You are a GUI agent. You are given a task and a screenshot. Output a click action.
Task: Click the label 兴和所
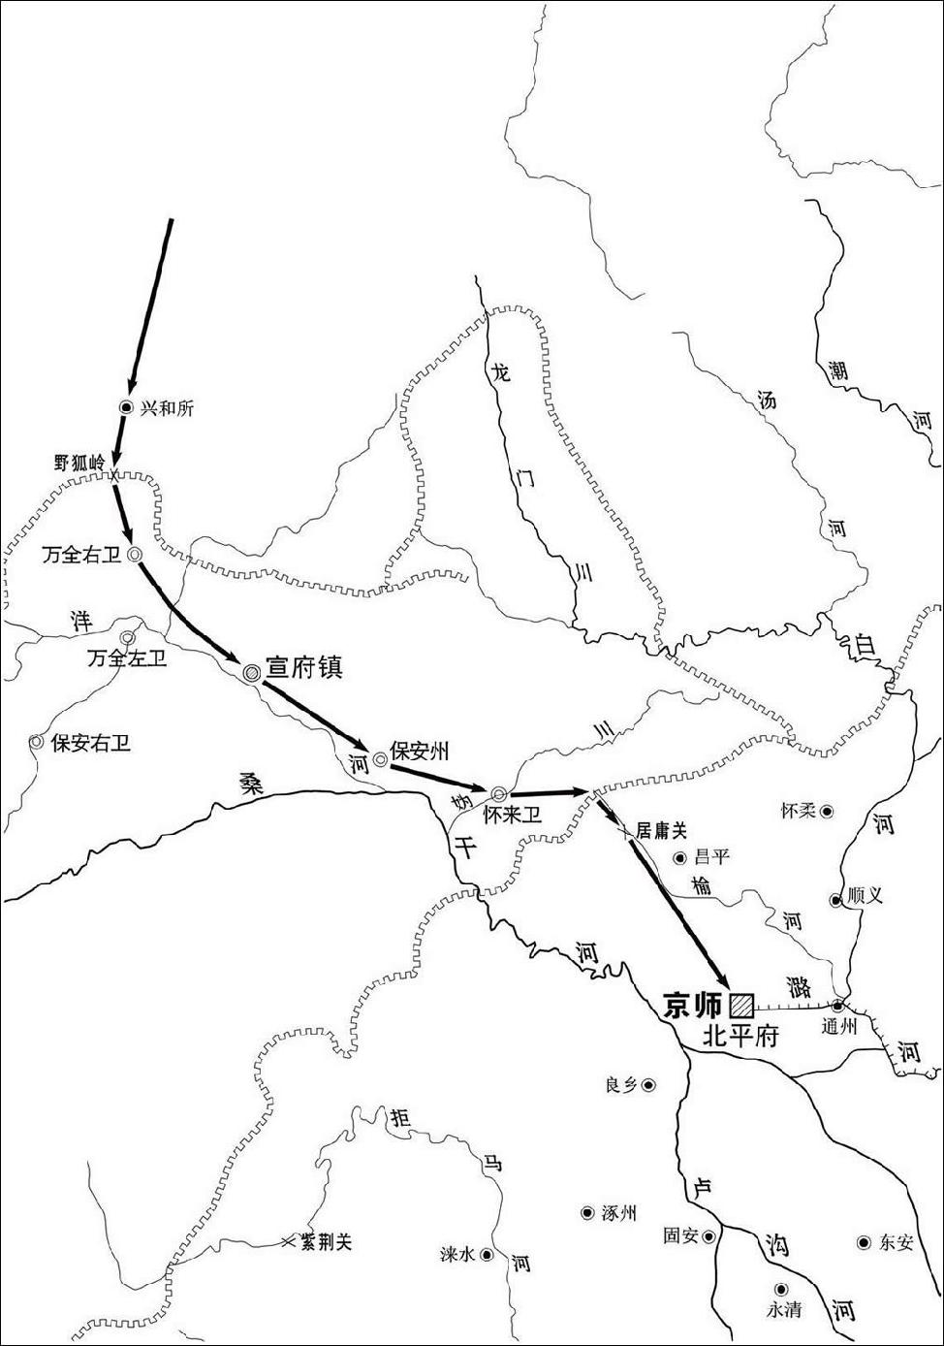167,408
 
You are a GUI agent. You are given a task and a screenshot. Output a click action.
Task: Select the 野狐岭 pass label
79,463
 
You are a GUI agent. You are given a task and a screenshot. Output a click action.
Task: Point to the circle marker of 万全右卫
136,554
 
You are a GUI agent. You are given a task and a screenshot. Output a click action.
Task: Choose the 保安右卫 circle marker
36,742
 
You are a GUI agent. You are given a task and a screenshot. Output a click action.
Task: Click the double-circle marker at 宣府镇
251,671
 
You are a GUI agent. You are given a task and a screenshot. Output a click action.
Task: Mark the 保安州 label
419,751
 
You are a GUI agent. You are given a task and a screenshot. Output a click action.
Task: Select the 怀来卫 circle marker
499,794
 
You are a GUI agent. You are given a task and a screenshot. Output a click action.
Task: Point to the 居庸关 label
661,830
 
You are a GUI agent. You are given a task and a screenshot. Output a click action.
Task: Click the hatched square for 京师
742,1004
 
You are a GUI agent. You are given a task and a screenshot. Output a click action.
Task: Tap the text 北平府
740,1036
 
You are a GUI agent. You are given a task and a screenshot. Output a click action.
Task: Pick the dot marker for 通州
837,1006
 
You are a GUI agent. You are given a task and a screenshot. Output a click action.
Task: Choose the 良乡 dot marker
648,1085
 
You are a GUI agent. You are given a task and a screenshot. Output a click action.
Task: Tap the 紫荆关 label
326,1241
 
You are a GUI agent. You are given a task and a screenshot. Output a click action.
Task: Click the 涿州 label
618,1212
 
